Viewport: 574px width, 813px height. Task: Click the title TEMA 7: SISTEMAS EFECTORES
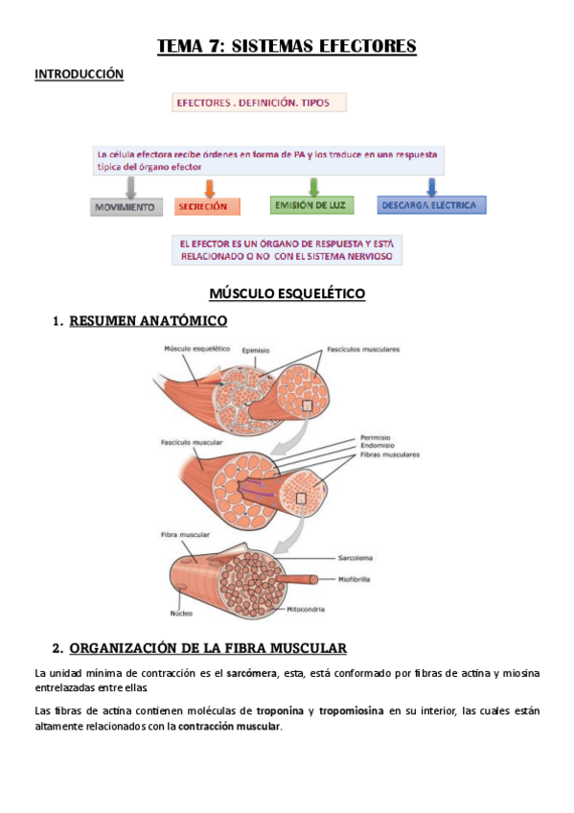coord(287,46)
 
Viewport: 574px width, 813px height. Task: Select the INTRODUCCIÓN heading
coord(80,74)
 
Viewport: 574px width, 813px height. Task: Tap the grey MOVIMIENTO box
coord(126,206)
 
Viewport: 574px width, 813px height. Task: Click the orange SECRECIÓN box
coord(207,206)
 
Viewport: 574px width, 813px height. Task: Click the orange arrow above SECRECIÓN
coord(210,186)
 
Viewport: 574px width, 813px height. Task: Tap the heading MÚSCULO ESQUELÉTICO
coord(287,293)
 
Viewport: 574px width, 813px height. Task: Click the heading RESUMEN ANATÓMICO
coord(149,321)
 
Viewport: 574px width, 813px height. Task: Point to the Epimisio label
coord(256,350)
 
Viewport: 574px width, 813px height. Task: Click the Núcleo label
coord(182,613)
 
